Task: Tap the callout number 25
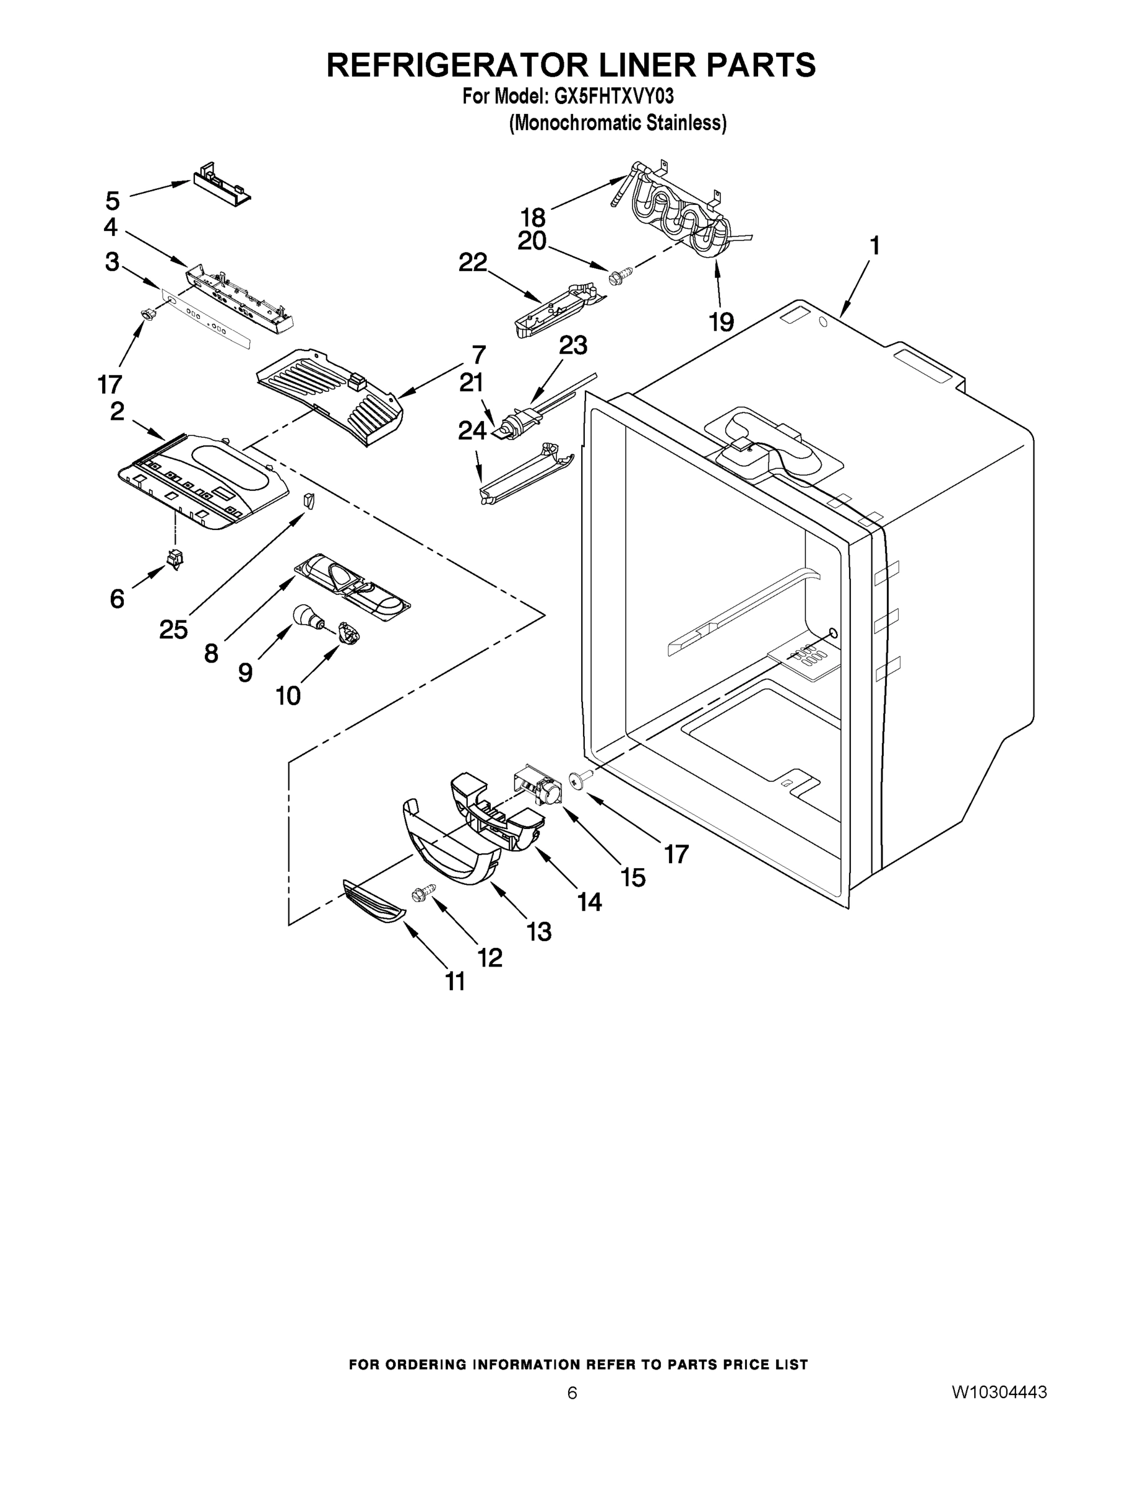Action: click(173, 629)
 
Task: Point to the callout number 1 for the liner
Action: click(874, 246)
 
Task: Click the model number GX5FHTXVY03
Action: click(614, 96)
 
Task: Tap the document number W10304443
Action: click(999, 1392)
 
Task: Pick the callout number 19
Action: click(722, 321)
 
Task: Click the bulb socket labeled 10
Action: click(349, 634)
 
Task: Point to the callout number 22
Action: click(473, 263)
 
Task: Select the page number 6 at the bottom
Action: click(572, 1392)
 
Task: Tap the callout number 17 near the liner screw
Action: click(676, 853)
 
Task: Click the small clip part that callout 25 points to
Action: click(310, 501)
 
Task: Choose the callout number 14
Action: click(589, 902)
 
